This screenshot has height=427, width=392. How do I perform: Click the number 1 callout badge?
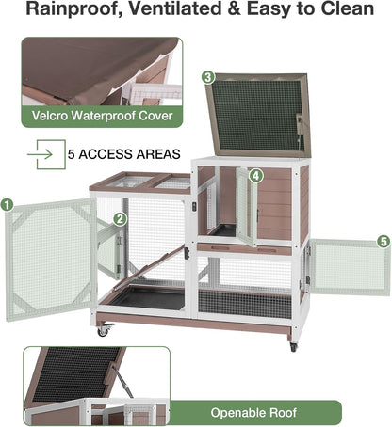[8, 203]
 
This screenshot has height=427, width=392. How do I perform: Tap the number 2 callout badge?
[120, 218]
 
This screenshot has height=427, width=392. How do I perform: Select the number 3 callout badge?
[208, 77]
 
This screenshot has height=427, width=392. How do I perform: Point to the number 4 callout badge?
[256, 175]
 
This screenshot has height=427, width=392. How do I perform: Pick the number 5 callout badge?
[384, 242]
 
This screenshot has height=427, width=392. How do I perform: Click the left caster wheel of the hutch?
[102, 331]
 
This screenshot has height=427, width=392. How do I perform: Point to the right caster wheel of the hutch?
[293, 346]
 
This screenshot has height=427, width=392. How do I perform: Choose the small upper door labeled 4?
[245, 207]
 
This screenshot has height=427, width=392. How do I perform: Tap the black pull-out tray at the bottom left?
[146, 299]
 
